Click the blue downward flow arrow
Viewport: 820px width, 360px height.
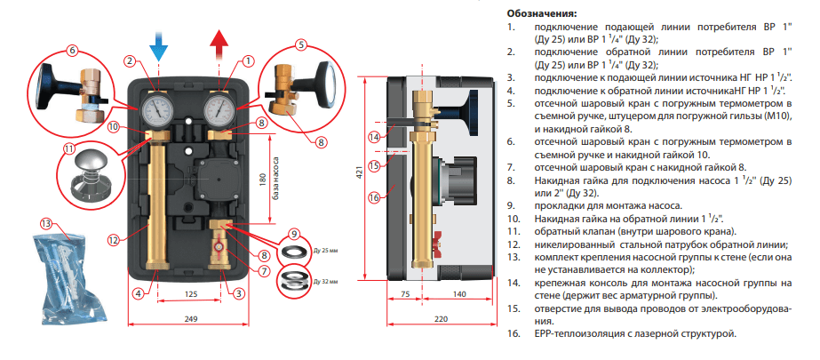[157, 41]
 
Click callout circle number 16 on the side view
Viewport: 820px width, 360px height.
[374, 197]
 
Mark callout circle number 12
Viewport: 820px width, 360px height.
[113, 239]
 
